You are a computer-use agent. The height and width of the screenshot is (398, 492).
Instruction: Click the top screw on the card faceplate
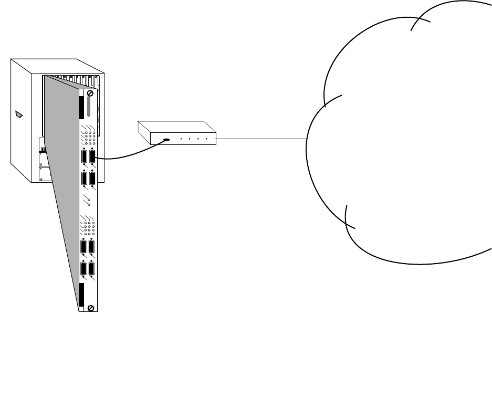[x=91, y=92]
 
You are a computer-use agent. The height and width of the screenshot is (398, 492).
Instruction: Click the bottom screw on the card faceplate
[x=91, y=308]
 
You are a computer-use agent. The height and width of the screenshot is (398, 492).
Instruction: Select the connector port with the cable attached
[x=92, y=156]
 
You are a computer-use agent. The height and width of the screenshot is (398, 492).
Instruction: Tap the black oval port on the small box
[x=166, y=140]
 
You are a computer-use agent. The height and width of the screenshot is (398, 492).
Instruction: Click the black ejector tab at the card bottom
[x=81, y=297]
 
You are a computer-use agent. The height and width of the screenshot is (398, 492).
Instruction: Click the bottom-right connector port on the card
[x=92, y=269]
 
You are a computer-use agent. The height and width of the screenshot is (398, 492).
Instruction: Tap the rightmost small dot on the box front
[x=207, y=140]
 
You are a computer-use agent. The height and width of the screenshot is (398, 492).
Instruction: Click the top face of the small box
[x=176, y=127]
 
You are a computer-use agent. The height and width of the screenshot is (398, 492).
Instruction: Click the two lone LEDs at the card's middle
[x=89, y=203]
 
